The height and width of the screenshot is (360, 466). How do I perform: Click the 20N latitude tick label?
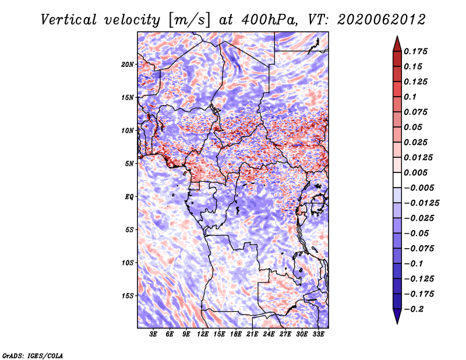128,65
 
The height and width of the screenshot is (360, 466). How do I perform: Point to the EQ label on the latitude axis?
129,197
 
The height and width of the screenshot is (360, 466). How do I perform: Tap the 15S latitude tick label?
128,296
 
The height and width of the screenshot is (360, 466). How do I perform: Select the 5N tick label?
129,164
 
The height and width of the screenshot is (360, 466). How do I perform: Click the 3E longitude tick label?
153,334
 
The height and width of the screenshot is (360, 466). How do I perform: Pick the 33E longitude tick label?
318,334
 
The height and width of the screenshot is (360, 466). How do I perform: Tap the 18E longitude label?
236,334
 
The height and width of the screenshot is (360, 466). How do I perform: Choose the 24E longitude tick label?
269,334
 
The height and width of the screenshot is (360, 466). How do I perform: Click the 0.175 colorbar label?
415,51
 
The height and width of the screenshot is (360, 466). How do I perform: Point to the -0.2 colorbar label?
414,309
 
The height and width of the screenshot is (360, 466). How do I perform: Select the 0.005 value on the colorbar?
415,172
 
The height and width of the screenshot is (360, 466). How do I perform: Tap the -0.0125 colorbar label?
421,203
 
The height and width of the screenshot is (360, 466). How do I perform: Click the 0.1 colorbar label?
410,97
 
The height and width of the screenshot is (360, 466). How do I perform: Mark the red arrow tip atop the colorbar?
397,36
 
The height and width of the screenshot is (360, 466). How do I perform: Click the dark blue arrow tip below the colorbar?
397,323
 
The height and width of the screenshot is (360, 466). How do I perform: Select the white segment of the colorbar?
397,180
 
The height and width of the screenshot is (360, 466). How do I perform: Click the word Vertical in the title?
69,20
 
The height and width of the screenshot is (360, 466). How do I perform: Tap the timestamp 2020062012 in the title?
382,20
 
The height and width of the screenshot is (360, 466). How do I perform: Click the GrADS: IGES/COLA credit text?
33,355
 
